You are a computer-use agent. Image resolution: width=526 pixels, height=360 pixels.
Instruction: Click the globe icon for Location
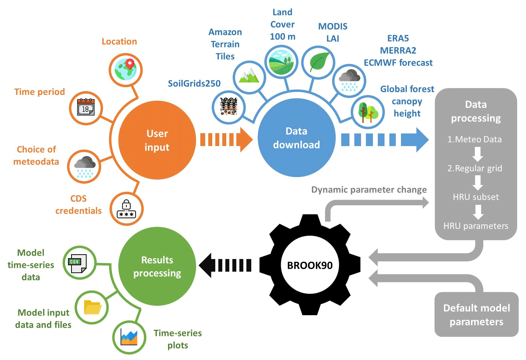tap(126, 70)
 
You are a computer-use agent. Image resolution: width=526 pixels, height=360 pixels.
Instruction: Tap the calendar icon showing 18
tap(86, 108)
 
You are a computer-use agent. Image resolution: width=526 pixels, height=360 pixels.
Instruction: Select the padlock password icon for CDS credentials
tap(127, 209)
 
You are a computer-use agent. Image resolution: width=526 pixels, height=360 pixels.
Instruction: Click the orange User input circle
tap(157, 140)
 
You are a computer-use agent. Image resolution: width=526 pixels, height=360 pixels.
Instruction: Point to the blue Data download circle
tap(296, 138)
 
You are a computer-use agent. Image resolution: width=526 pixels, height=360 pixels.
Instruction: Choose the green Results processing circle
tap(157, 266)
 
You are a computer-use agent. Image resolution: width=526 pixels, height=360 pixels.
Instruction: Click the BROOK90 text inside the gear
tap(310, 266)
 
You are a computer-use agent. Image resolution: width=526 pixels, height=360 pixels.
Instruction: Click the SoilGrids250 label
tap(194, 84)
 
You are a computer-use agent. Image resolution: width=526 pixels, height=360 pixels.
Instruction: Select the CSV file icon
tap(78, 263)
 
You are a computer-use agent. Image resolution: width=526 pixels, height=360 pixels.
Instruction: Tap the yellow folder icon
tap(92, 307)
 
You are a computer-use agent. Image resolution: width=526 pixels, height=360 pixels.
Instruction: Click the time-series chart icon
tap(129, 337)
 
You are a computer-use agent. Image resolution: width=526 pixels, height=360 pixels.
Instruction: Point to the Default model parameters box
tap(476, 315)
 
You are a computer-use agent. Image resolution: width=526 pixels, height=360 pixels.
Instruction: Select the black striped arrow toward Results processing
tap(226, 266)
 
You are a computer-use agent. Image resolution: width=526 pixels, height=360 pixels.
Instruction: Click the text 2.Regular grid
tap(475, 168)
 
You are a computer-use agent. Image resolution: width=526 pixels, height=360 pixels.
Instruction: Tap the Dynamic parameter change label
tap(369, 190)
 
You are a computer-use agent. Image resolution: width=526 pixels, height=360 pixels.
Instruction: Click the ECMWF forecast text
tap(398, 63)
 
